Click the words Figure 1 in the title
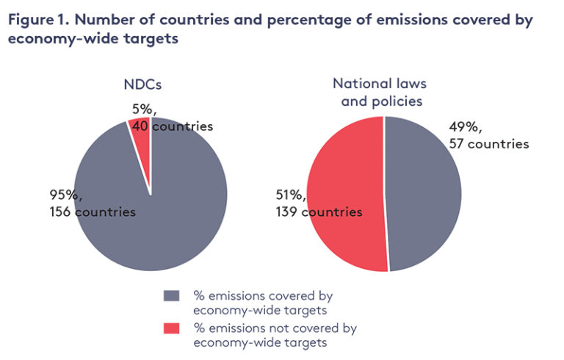[x=37, y=20]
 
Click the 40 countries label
[x=173, y=126]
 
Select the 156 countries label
[x=92, y=212]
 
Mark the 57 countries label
[x=488, y=143]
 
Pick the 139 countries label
[x=319, y=212]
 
